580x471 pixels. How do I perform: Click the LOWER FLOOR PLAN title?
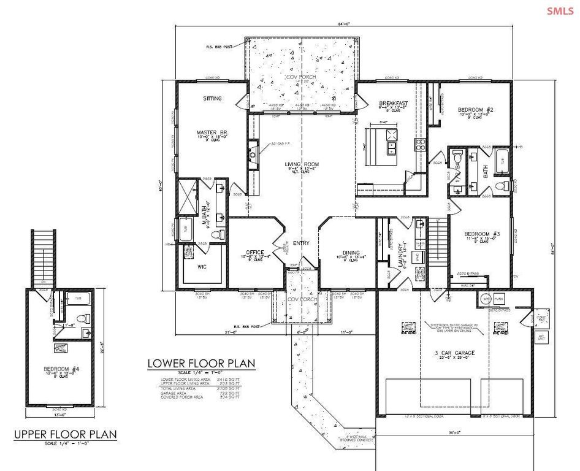pyautogui.click(x=201, y=364)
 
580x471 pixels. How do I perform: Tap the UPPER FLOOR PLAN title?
pyautogui.click(x=66, y=435)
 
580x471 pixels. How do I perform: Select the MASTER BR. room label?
pyautogui.click(x=208, y=132)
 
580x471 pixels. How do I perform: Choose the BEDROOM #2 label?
pyautogui.click(x=476, y=111)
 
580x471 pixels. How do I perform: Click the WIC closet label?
pyautogui.click(x=200, y=267)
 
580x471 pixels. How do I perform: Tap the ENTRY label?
pyautogui.click(x=301, y=243)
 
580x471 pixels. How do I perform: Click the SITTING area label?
pyautogui.click(x=212, y=98)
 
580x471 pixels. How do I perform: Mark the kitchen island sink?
pyautogui.click(x=391, y=148)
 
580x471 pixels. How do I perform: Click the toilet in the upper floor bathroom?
pyautogui.click(x=85, y=318)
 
